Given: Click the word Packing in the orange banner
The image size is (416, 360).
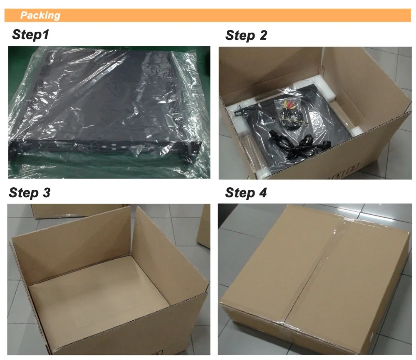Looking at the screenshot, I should coord(40,16).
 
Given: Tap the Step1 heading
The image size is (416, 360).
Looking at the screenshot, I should coord(30,35).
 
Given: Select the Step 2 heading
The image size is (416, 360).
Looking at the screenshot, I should coord(246,36).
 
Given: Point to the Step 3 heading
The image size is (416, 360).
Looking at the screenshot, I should coord(30,193).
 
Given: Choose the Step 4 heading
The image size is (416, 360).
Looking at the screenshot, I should coord(246,193).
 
